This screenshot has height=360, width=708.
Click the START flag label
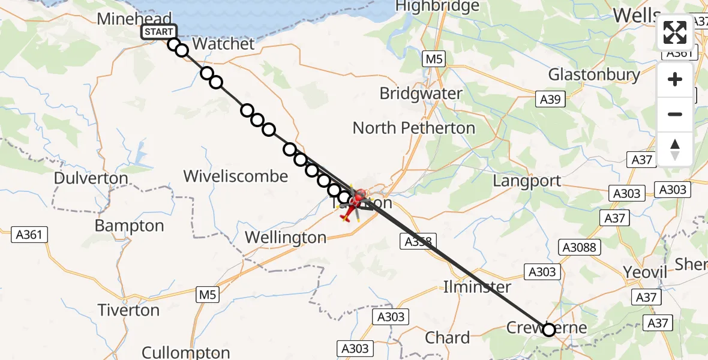158,32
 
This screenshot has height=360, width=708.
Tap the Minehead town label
135,18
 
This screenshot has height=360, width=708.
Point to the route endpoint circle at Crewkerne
548,329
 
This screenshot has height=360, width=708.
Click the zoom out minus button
675,114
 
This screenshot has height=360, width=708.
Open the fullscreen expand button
675,33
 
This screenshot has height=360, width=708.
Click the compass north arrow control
675,149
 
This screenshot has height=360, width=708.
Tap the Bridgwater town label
421,94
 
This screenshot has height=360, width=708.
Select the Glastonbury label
594,74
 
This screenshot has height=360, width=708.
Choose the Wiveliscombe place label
235,176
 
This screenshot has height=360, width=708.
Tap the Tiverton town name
130,310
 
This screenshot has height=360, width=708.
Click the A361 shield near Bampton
28,235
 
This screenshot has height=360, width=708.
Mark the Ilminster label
477,286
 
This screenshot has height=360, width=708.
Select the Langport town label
527,181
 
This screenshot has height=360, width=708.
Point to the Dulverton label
91,178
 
